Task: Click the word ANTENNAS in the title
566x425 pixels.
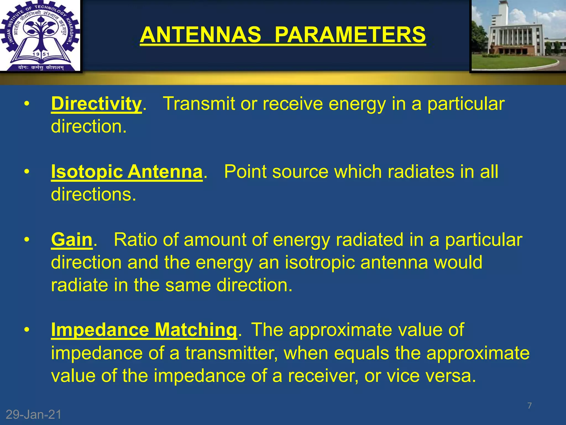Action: click(x=200, y=35)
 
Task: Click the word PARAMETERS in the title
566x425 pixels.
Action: click(x=350, y=35)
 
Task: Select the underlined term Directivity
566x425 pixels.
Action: click(x=96, y=104)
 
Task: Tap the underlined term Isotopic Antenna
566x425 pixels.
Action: click(x=127, y=172)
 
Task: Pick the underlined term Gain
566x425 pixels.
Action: click(x=72, y=240)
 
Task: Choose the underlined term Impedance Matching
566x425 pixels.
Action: click(x=144, y=330)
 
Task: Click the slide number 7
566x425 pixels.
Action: click(x=530, y=406)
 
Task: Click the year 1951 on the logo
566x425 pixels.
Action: click(x=41, y=54)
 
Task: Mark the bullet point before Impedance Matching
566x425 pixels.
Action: click(x=27, y=330)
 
